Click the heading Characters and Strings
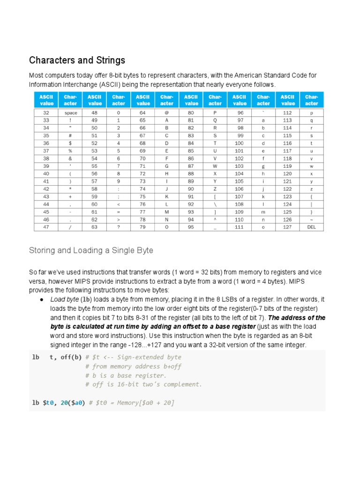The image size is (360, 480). coord(77,60)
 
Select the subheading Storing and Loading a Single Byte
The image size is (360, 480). coord(91,250)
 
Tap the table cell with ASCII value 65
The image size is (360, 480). coord(143,120)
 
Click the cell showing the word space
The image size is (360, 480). coord(71,113)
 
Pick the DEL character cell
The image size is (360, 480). coord(311,227)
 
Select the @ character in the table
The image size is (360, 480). coord(167,113)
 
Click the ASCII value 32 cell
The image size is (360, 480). coord(46,113)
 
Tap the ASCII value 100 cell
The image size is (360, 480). coord(239,143)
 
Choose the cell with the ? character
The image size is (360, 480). coord(119,227)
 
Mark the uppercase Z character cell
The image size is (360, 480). coord(215,189)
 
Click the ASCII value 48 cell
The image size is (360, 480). coord(95,113)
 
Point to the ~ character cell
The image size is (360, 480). coord(311,219)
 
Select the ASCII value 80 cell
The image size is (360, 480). coord(191,113)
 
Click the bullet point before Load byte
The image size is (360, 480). coord(42,300)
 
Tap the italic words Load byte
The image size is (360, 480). coord(64,300)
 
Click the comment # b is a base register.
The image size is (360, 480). coord(126,375)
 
